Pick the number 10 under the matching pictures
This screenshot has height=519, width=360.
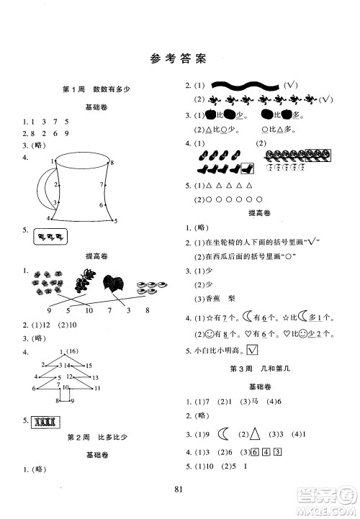[x=90, y=310]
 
